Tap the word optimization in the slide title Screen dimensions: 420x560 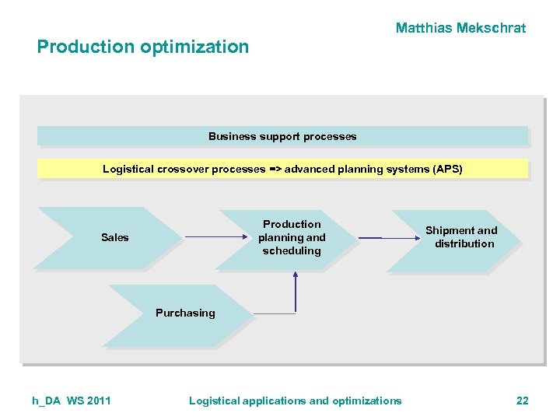pyautogui.click(x=194, y=47)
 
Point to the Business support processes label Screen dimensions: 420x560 pyautogui.click(x=282, y=137)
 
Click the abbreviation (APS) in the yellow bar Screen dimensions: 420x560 pyautogui.click(x=447, y=169)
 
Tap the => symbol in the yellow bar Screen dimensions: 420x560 pyautogui.click(x=275, y=169)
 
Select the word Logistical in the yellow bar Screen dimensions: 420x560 pyautogui.click(x=128, y=169)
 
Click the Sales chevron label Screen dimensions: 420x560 pyautogui.click(x=114, y=237)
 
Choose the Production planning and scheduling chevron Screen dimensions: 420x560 pyautogui.click(x=292, y=237)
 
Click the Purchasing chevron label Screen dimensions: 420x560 pyautogui.click(x=185, y=313)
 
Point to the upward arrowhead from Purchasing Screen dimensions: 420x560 pyautogui.click(x=296, y=274)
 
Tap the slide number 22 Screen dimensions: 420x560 pyautogui.click(x=522, y=401)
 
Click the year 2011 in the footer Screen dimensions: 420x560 pyautogui.click(x=99, y=401)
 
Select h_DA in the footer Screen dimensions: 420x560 pyautogui.click(x=47, y=401)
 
